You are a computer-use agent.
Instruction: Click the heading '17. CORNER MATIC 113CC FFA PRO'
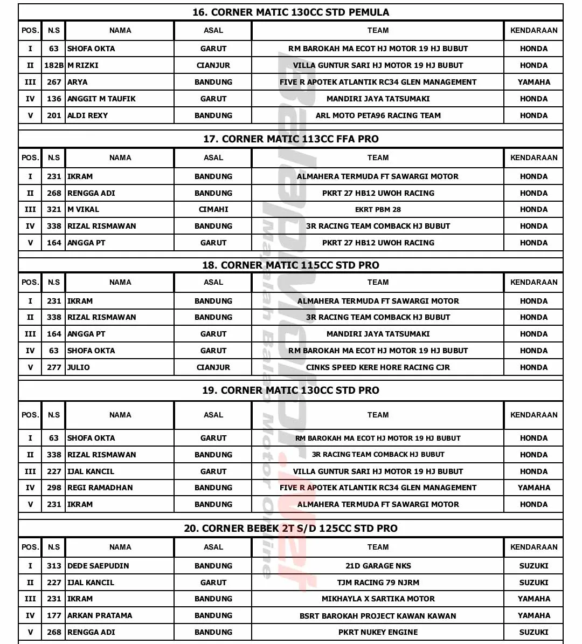(x=290, y=139)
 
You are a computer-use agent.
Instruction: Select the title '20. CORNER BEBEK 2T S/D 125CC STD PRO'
(x=290, y=529)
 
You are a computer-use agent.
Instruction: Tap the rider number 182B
(x=54, y=65)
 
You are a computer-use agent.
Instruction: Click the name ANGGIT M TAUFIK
(x=101, y=99)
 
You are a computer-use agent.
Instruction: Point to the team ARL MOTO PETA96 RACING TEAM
(x=378, y=115)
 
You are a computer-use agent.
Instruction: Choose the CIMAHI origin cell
(x=213, y=209)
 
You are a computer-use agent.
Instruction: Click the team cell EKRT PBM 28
(x=378, y=209)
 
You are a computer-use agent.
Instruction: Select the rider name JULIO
(x=79, y=367)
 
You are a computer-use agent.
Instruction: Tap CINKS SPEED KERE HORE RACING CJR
(x=378, y=367)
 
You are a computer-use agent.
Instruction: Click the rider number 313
(x=54, y=566)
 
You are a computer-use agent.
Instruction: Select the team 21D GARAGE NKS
(x=378, y=566)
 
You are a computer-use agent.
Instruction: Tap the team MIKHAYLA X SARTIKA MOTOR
(x=378, y=599)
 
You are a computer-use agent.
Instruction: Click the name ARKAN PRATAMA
(x=100, y=615)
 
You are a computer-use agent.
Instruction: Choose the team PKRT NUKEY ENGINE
(x=378, y=632)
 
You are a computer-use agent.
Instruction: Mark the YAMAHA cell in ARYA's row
(x=533, y=82)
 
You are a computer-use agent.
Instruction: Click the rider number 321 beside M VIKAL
(x=54, y=209)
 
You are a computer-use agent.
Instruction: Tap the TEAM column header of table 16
(x=378, y=31)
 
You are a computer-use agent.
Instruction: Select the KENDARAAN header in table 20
(x=533, y=547)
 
